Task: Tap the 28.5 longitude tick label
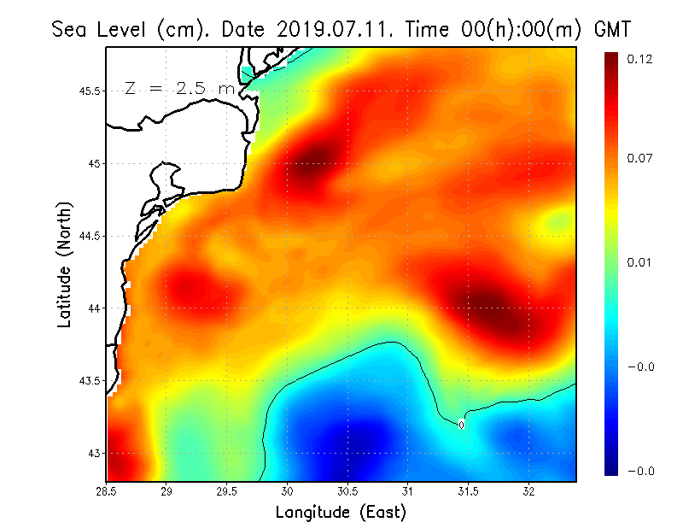pos(107,491)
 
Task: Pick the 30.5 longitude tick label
pos(347,491)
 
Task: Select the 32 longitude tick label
pos(528,491)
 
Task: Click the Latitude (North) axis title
pos(65,265)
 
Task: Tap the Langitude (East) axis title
pos(341,512)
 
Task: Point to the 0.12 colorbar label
pos(639,59)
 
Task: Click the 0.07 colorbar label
pos(639,158)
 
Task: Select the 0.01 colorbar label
pos(639,262)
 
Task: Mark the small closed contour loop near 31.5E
pos(461,424)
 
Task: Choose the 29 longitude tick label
pos(167,491)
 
